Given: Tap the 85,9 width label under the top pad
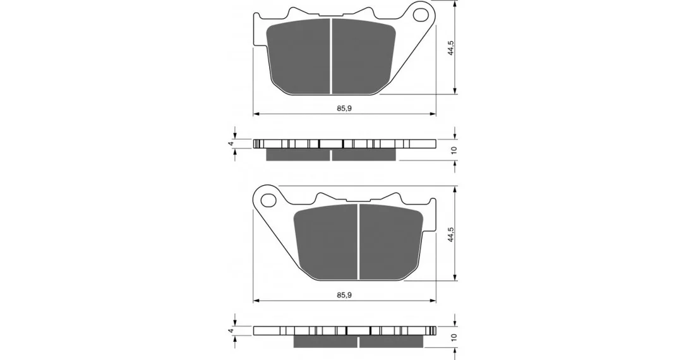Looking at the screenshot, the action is pos(344,109).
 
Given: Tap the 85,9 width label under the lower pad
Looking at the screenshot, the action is pos(344,295).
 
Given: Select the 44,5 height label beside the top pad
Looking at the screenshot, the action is pos(450,47).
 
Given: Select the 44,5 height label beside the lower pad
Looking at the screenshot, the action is pos(450,235).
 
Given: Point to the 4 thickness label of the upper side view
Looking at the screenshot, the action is pos(231,143).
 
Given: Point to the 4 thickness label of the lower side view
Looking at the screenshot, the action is pos(231,331).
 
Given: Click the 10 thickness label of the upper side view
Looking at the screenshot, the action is pos(454,150).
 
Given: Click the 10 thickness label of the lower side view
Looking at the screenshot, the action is pos(454,337).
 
